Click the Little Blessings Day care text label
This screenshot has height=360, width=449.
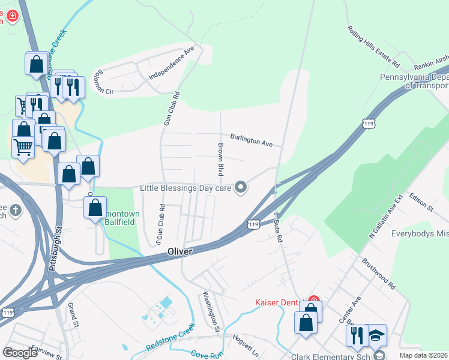coord(185,188)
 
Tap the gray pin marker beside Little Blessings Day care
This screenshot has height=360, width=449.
coord(241,188)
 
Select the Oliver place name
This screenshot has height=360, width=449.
coord(179,252)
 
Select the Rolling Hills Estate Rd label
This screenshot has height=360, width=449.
coord(373,46)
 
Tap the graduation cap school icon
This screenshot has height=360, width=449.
coord(377,335)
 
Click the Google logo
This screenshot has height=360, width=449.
coord(20,352)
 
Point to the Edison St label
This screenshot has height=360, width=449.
coord(421,201)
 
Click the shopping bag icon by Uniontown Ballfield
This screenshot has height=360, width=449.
coord(95,209)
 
